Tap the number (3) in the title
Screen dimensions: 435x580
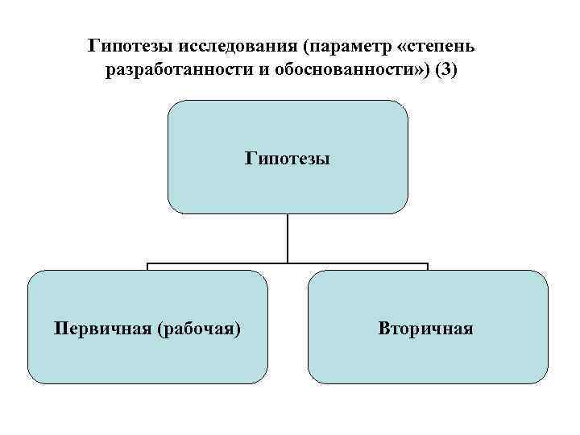(445, 70)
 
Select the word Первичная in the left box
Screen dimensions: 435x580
(102, 329)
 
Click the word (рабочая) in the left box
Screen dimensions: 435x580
(199, 329)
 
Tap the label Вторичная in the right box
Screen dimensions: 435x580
(427, 329)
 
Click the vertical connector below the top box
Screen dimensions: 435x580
(288, 238)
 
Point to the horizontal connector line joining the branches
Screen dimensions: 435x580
(217, 263)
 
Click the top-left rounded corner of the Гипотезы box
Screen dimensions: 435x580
(172, 105)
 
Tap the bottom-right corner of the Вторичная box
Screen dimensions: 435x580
(544, 379)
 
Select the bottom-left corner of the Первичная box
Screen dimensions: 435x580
(32, 379)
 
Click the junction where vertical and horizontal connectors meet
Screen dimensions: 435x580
(288, 263)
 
